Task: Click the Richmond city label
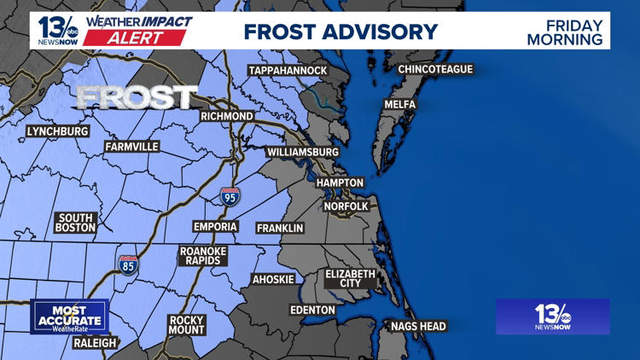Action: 226,116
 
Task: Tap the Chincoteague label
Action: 435,69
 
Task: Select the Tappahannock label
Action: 288,70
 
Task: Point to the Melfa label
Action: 399,105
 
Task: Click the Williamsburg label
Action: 302,152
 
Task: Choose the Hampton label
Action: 340,183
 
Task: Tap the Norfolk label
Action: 346,206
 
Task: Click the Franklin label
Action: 280,228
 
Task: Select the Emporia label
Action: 215,226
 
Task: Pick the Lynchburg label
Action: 57,131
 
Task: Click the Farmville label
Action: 131,147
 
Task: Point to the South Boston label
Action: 75,223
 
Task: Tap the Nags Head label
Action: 418,326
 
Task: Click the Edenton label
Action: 312,310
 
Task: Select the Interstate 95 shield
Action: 230,196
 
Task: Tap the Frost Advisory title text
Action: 340,32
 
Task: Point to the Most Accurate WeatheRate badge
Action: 70,316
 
